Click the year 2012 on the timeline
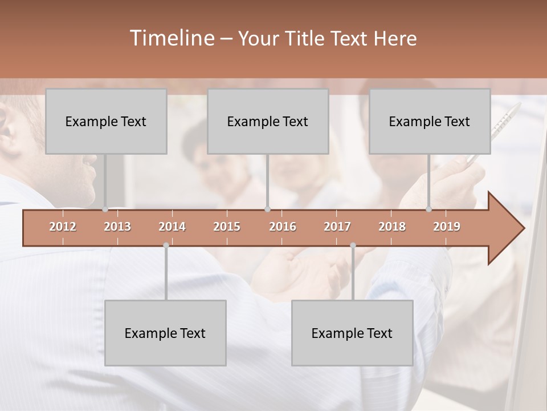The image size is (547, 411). coord(63,227)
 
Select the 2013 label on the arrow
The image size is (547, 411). coord(117,227)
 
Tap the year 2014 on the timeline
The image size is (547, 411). coord(172,227)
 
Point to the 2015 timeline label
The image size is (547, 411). coord(227,227)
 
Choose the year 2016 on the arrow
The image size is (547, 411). coord(283,227)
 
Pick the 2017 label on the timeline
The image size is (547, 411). coord(337,227)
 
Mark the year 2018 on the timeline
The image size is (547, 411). coord(392,227)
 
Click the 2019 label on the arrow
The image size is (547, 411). coord(447,227)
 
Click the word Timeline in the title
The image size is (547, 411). coord(171,38)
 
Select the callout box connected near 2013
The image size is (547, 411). coord(106,121)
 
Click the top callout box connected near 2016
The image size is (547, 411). coord(268,121)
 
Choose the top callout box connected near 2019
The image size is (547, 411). coord(430,121)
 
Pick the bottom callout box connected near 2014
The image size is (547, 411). coord(165,333)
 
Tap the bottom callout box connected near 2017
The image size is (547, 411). coord(352,333)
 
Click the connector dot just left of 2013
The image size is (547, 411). coord(105,209)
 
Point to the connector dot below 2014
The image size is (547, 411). coord(166,245)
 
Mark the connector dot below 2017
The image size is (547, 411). coord(353,245)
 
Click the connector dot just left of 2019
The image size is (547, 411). coord(428,209)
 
